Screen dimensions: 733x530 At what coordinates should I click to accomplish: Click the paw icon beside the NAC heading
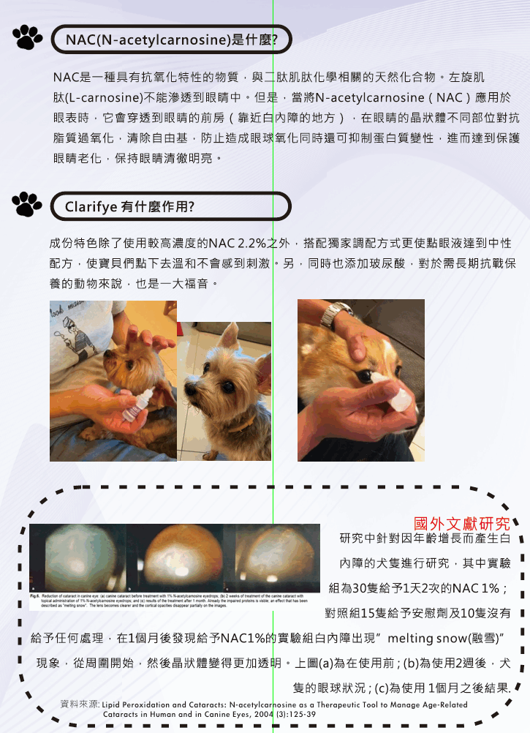pos(28,37)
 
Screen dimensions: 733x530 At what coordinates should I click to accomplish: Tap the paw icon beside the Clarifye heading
pos(28,204)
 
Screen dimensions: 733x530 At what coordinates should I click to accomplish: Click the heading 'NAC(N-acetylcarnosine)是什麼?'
pos(171,40)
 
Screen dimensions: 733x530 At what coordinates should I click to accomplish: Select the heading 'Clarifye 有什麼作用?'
pos(129,206)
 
